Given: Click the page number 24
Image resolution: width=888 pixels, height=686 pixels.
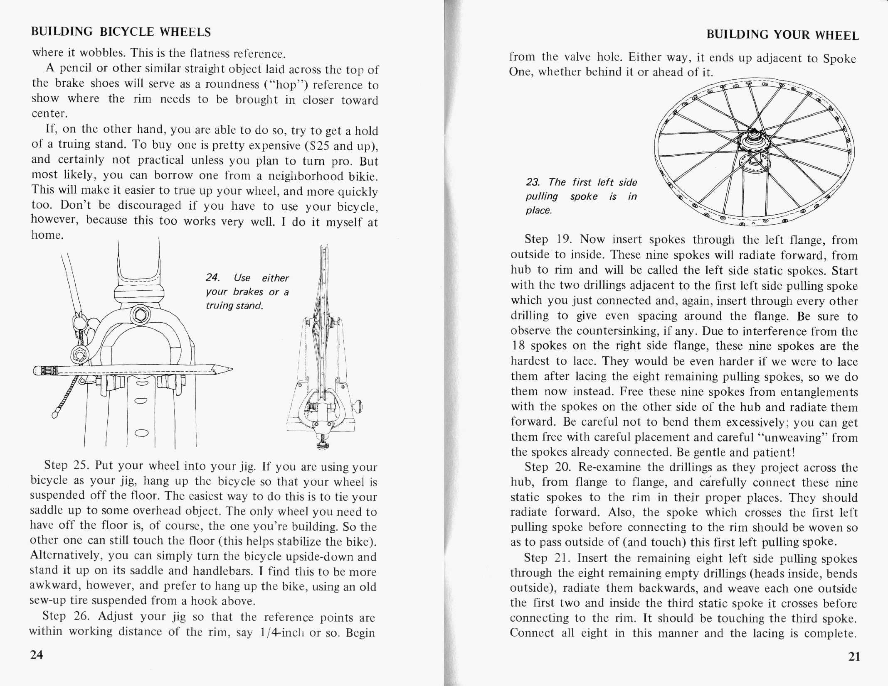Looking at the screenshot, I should (x=37, y=655).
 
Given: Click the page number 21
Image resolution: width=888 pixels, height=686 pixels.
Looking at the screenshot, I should (x=853, y=657).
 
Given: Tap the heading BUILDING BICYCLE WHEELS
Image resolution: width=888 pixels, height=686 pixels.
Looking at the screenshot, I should (x=121, y=32).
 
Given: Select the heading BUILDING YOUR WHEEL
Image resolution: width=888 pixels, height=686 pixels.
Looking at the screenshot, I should (x=782, y=35).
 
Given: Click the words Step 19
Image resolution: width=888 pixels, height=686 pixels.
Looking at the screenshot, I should (x=548, y=240).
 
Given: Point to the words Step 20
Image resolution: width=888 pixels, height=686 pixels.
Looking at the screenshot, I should (x=548, y=467).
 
